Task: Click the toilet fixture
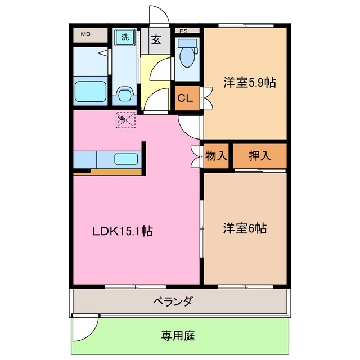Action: [185, 53]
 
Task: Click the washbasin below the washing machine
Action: [124, 93]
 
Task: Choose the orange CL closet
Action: [185, 98]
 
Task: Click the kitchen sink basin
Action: [127, 159]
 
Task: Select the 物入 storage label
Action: [216, 156]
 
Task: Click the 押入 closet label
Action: [259, 156]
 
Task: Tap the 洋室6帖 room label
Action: [245, 229]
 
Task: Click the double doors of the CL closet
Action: [205, 98]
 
